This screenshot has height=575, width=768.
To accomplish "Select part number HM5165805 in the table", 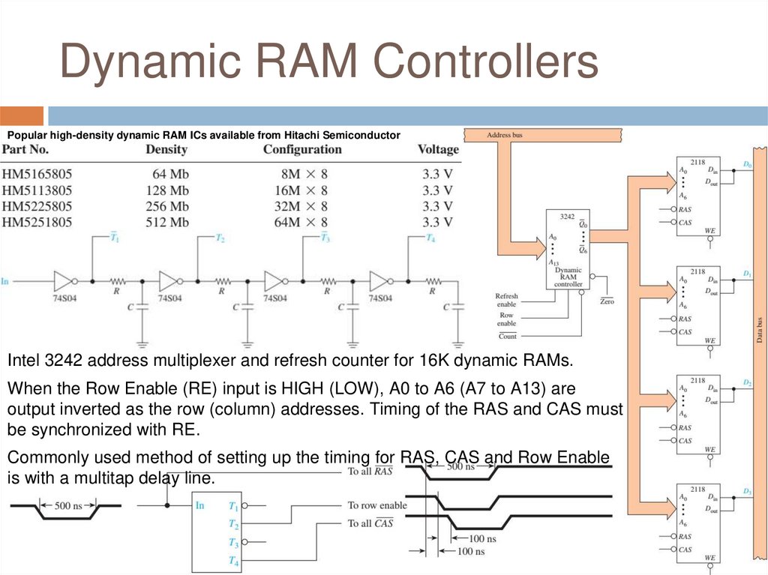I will point(37,173).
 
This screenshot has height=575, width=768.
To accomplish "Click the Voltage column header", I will point(438,149).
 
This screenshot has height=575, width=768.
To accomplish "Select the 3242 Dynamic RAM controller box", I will point(568,250).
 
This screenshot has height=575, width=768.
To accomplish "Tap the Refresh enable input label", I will point(506,300).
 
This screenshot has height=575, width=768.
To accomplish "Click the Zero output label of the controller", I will point(607,301).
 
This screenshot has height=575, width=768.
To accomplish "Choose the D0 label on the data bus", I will point(747,164).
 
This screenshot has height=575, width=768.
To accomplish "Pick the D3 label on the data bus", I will point(747,491).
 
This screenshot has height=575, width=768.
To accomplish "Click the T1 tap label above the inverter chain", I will point(115,238).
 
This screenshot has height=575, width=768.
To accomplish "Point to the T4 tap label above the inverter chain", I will point(430,238).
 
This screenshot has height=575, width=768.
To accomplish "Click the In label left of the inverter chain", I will point(4,281).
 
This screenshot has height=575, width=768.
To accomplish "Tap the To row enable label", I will point(377,505).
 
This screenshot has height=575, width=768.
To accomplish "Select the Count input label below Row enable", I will point(508,336).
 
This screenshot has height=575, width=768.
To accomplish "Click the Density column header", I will point(166,149).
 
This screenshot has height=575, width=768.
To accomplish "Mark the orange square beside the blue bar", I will point(22,116).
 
